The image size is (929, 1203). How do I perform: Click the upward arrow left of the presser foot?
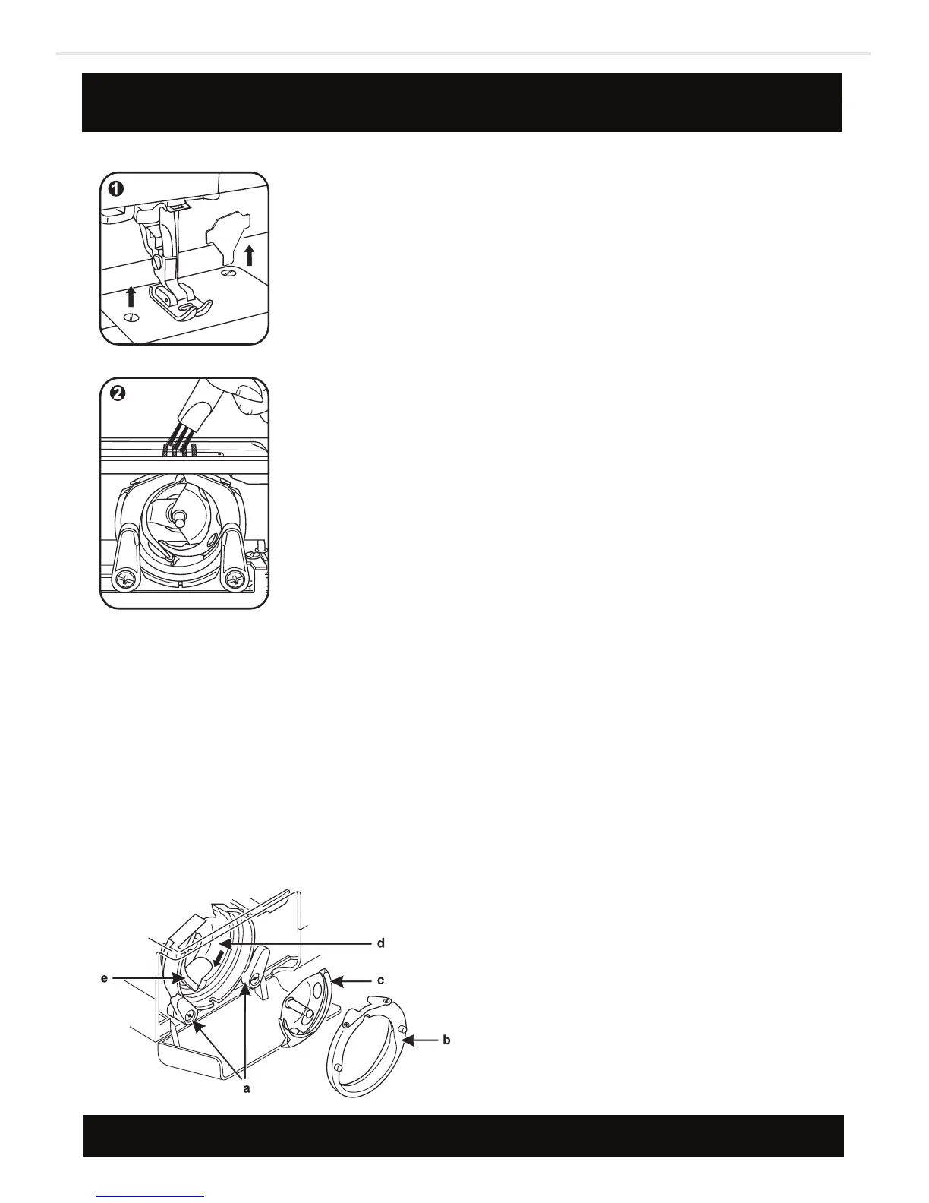click(x=131, y=295)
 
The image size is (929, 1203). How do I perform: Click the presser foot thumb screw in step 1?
click(x=157, y=261)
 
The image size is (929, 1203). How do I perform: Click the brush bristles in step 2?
click(x=178, y=440)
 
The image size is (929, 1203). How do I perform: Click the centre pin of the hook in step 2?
click(x=179, y=516)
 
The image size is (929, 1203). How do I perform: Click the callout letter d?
click(x=380, y=943)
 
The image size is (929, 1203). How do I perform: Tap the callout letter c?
click(x=380, y=980)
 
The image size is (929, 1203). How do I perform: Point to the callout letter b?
click(x=446, y=1040)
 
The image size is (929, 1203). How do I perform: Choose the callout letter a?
click(x=246, y=1088)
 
